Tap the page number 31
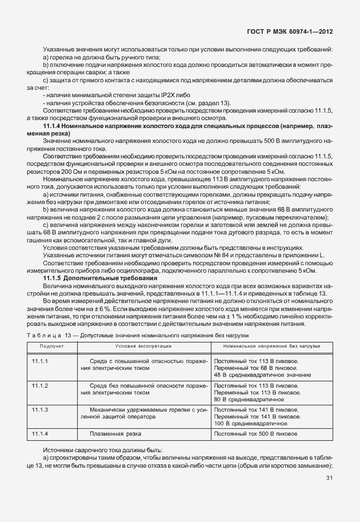(x=329, y=478)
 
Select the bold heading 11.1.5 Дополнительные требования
(x=100, y=278)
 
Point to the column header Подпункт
(x=51, y=346)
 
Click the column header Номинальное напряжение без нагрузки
(x=271, y=346)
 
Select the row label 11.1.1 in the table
(x=39, y=361)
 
